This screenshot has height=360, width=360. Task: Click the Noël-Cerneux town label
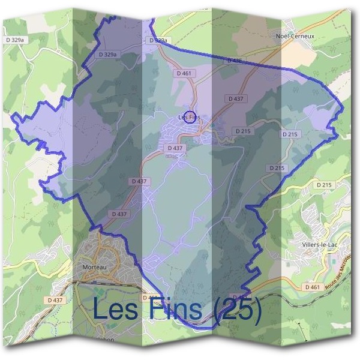point(295,36)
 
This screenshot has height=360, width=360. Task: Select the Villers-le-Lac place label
point(321,245)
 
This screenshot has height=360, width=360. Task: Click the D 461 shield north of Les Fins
point(185,73)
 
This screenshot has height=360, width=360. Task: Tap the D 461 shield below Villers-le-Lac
point(312,287)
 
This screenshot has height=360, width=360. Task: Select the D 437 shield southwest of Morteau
point(54,299)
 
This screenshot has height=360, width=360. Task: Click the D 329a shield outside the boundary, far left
point(17,40)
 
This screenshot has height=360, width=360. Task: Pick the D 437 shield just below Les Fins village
point(175,148)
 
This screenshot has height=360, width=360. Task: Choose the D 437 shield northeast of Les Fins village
point(236,98)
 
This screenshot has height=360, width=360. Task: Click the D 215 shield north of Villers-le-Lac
point(323,184)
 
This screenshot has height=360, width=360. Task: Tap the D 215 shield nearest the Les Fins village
point(242,131)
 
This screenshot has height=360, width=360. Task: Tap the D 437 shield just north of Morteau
point(119,214)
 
